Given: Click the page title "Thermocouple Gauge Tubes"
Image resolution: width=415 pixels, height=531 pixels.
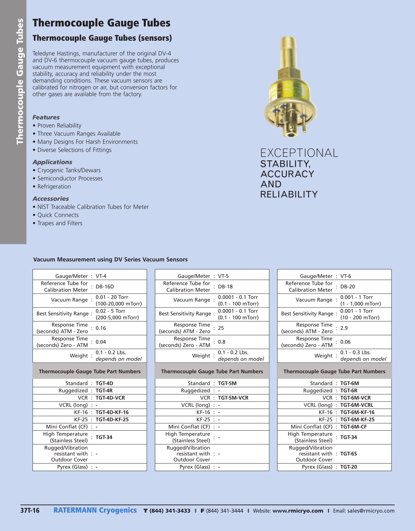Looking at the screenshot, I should coord(101,23).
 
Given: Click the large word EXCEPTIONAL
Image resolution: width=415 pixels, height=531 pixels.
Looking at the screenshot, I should coord(299,153).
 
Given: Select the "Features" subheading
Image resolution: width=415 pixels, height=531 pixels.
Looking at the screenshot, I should coord(46,117).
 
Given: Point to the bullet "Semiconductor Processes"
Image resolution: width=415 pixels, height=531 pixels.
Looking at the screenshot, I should coord(70,178).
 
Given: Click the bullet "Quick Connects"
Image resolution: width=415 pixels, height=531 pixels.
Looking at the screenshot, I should coord(58,215).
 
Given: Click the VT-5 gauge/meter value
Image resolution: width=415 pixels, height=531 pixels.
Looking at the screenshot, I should coord(223,276).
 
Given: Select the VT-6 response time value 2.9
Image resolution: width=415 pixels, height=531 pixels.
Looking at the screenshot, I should coord(344,328).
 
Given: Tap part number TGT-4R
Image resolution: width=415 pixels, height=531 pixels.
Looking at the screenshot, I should coord(104,391).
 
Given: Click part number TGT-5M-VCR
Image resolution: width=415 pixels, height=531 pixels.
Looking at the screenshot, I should coord(233,398).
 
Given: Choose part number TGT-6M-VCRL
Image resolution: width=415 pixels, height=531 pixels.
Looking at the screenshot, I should coord(357,405).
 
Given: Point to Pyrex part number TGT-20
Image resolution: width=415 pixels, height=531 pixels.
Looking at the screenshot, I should coord(349,467).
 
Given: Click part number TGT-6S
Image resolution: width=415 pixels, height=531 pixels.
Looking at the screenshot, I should coord(349,454).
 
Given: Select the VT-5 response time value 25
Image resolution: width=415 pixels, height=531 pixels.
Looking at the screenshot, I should coord(221,328).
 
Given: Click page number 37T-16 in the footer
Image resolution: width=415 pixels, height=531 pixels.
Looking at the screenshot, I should coord(30,511).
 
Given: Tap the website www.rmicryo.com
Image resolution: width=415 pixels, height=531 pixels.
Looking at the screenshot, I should coord(298,511).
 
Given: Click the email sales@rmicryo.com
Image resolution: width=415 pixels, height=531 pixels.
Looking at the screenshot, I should coord(371,511).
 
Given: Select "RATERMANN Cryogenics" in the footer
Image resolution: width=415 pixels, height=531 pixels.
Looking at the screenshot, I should coord(95,510).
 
